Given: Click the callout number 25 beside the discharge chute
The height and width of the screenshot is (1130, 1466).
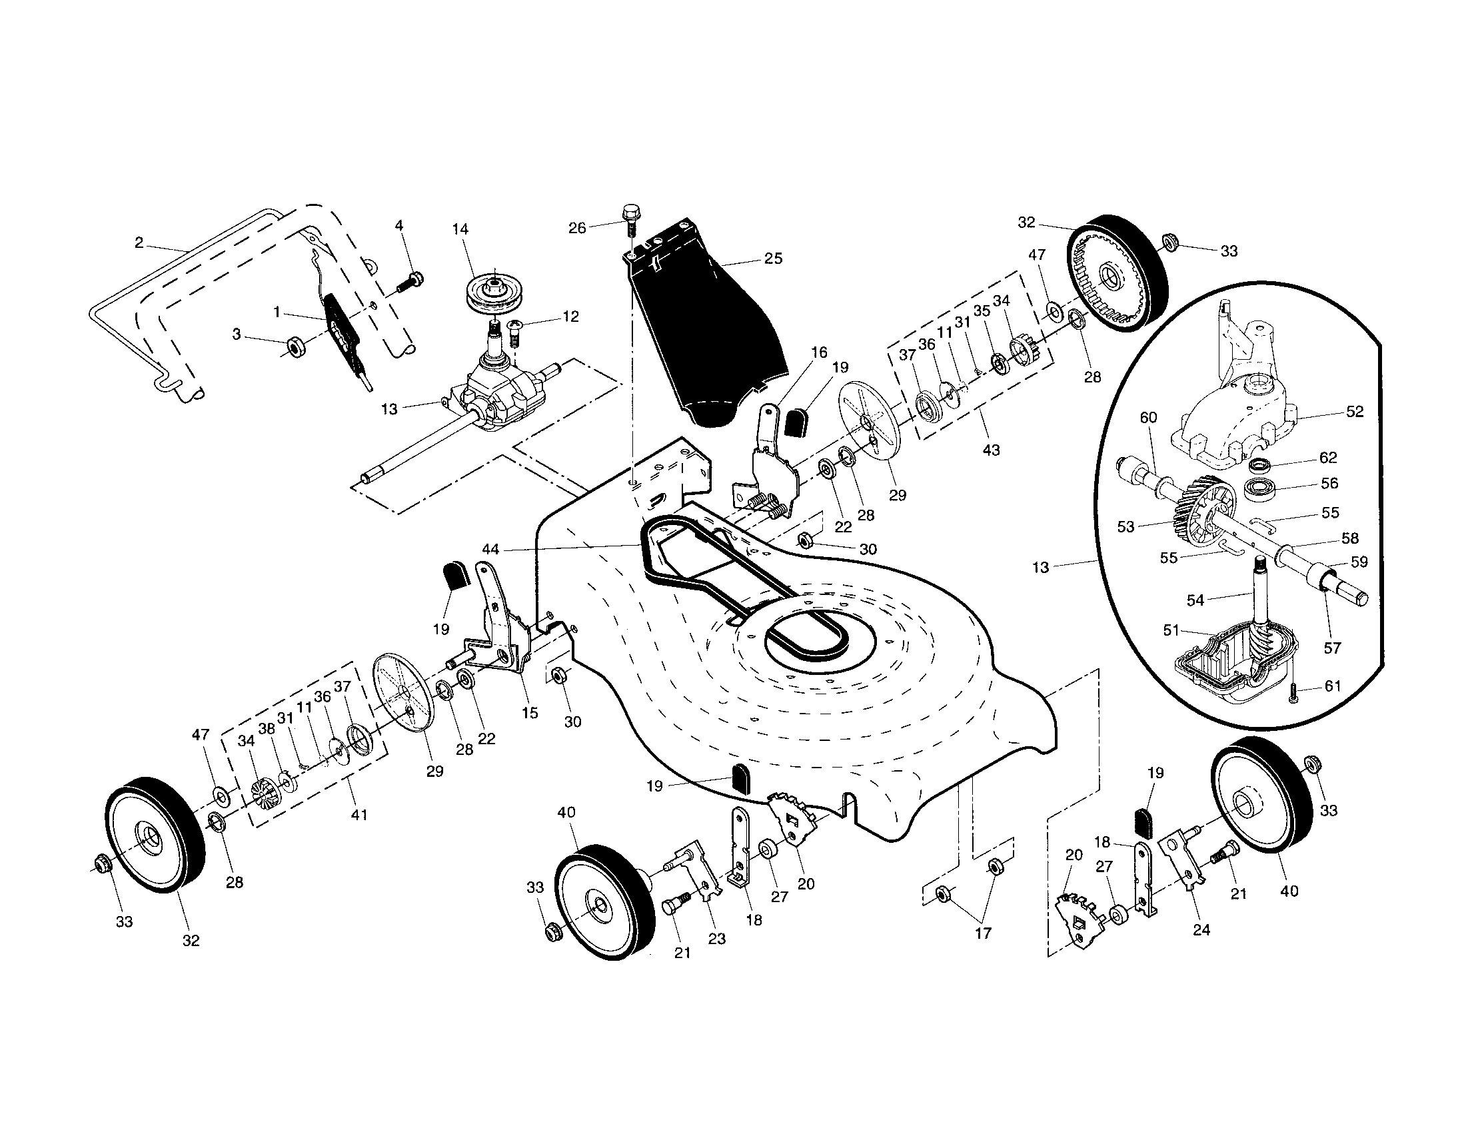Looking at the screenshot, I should (x=773, y=259).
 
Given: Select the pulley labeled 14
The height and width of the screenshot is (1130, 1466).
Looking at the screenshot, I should (x=493, y=293).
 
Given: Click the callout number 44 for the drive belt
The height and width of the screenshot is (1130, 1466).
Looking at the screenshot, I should (x=490, y=549).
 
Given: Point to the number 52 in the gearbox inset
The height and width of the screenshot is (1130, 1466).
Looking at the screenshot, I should (x=1355, y=411).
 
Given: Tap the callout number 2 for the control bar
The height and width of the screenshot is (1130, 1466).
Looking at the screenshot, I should (x=139, y=243).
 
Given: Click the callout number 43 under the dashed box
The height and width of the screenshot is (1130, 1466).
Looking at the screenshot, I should (x=991, y=450).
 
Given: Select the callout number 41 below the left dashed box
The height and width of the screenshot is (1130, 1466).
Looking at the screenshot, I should (x=359, y=815).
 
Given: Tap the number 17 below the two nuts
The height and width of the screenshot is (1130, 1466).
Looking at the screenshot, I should (x=983, y=933).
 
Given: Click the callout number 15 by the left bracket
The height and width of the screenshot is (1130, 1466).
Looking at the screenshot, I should (x=530, y=713).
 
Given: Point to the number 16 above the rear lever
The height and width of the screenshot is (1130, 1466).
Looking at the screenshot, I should (x=819, y=352).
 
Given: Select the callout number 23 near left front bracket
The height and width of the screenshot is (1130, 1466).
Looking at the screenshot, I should (x=717, y=939).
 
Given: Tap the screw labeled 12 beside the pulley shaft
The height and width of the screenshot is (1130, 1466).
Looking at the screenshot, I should (x=515, y=330).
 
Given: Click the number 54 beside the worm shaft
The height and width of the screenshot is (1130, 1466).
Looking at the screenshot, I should (x=1195, y=600).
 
